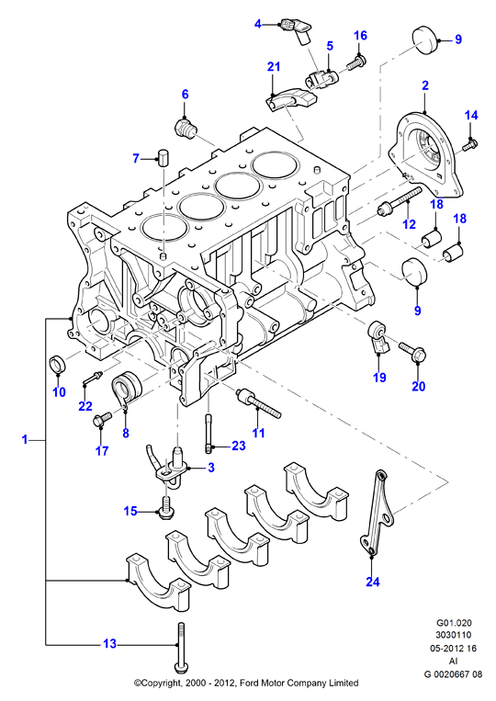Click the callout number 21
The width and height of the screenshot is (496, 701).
pos(274,67)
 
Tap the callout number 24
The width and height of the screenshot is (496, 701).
pos(373,582)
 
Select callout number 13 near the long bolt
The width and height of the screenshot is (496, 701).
pos(109,643)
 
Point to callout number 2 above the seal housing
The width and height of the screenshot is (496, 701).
pos(425,85)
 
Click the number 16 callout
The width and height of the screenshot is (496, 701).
pos(360,35)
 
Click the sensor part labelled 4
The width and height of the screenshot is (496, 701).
pos(296,30)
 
